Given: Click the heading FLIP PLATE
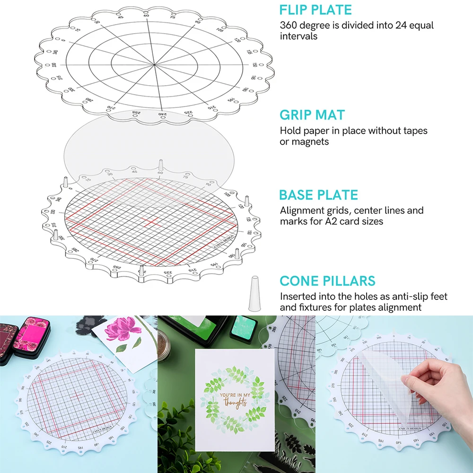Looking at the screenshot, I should [x=315, y=10].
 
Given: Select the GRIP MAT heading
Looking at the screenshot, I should [x=312, y=115].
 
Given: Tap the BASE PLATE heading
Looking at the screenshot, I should [x=318, y=195].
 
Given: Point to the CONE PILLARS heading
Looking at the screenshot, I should [x=327, y=280].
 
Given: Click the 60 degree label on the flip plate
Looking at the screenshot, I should [x=146, y=16].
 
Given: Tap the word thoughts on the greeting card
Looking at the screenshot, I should [x=235, y=403].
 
